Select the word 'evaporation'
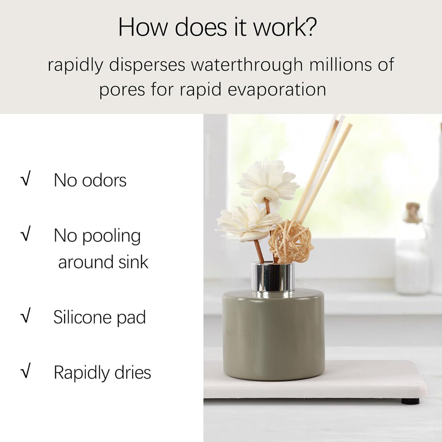[x=277, y=90]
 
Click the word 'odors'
[x=104, y=180]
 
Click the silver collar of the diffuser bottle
[x=273, y=277]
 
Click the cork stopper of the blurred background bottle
[x=412, y=212]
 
